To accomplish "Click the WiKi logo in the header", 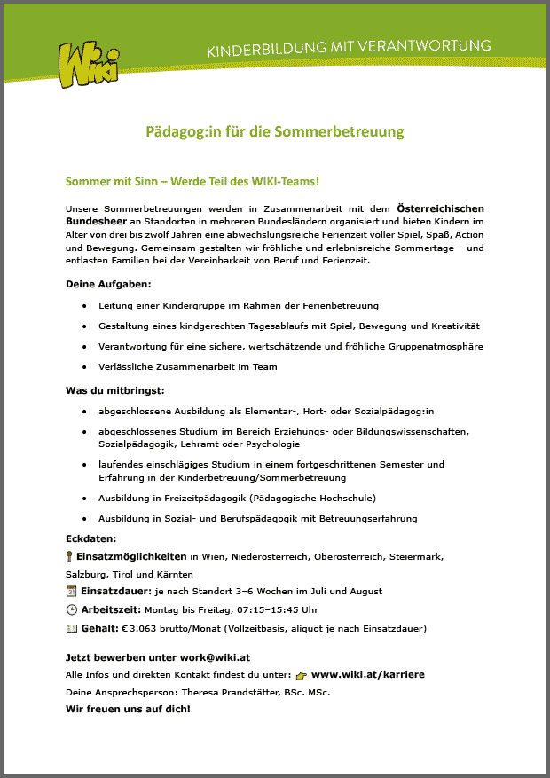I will pyautogui.click(x=87, y=64).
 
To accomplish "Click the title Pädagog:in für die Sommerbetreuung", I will pyautogui.click(x=275, y=132).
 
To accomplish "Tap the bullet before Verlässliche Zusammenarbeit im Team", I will pyautogui.click(x=84, y=366).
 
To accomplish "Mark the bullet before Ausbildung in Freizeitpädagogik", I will pyautogui.click(x=84, y=498).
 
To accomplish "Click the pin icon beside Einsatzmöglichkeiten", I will pyautogui.click(x=71, y=556).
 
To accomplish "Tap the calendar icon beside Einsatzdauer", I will pyautogui.click(x=72, y=591).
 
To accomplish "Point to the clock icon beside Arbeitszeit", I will pyautogui.click(x=72, y=609).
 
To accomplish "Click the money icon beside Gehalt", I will pyautogui.click(x=72, y=628).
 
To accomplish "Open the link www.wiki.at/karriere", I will pyautogui.click(x=367, y=675).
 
